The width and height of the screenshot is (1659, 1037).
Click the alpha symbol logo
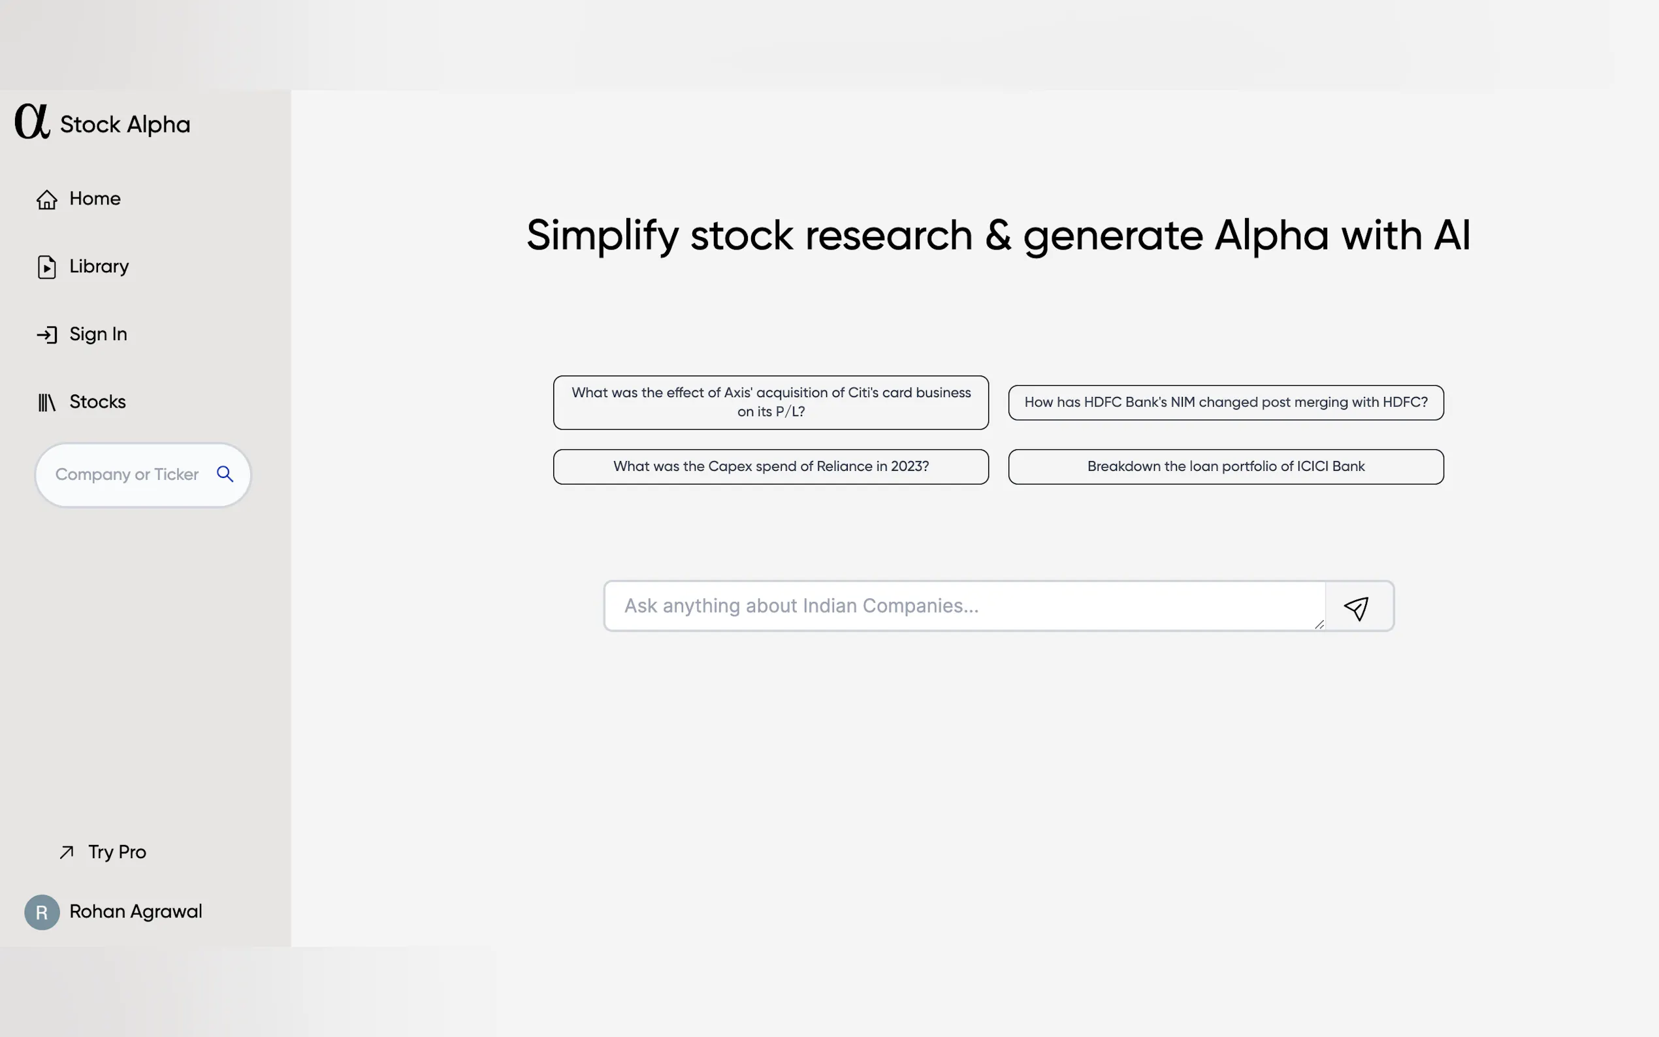(x=32, y=121)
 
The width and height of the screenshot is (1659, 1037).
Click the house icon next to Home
(x=46, y=199)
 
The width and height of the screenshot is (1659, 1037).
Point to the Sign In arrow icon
(x=46, y=335)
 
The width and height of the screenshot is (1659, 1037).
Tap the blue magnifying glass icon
(x=225, y=474)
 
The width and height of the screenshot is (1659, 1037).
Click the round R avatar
(x=42, y=912)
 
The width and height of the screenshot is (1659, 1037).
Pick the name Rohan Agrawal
(x=136, y=911)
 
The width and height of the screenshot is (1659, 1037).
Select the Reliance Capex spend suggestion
(x=771, y=466)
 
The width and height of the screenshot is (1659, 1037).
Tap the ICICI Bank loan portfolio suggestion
(x=1225, y=466)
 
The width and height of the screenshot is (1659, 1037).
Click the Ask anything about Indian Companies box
(x=964, y=605)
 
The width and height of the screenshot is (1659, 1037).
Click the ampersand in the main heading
(x=998, y=235)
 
